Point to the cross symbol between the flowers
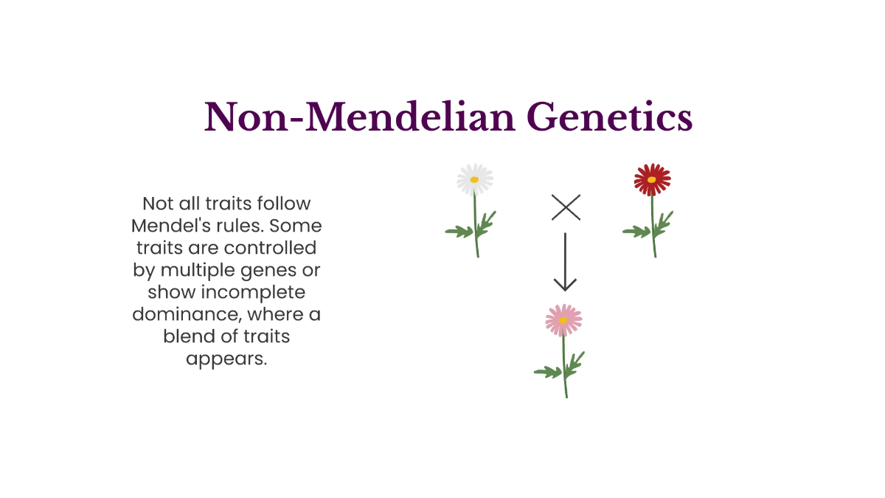tap(566, 208)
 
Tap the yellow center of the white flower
tap(475, 179)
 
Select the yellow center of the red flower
tap(652, 179)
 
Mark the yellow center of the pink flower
tap(563, 320)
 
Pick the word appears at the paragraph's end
tap(226, 360)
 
